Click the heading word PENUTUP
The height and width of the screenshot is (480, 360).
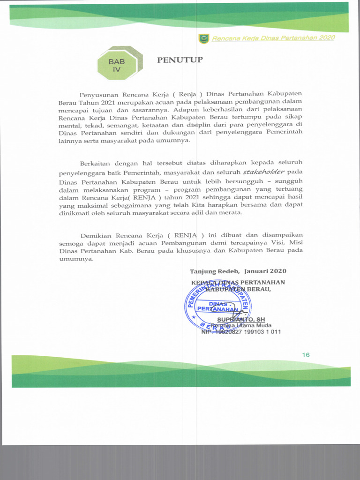[180, 60]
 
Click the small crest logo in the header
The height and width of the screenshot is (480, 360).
[203, 38]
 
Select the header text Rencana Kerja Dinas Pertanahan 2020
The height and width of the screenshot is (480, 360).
[273, 38]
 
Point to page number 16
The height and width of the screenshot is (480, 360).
[306, 355]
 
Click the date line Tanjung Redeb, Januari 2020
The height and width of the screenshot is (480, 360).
[238, 271]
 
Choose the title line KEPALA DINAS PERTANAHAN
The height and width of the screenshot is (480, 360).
[238, 282]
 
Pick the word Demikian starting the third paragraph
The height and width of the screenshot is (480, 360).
[97, 235]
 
